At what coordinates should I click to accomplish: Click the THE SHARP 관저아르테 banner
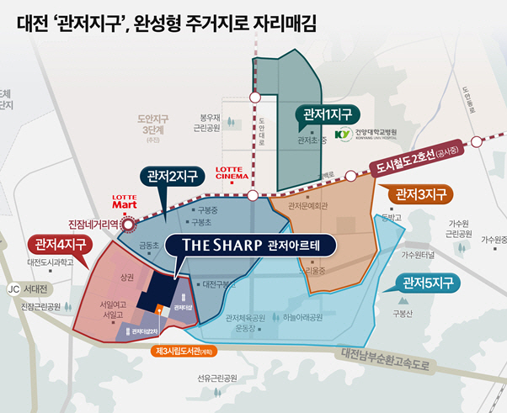tap(249, 246)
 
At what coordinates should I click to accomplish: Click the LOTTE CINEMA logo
tap(233, 173)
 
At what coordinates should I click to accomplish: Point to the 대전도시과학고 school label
tap(51, 262)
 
